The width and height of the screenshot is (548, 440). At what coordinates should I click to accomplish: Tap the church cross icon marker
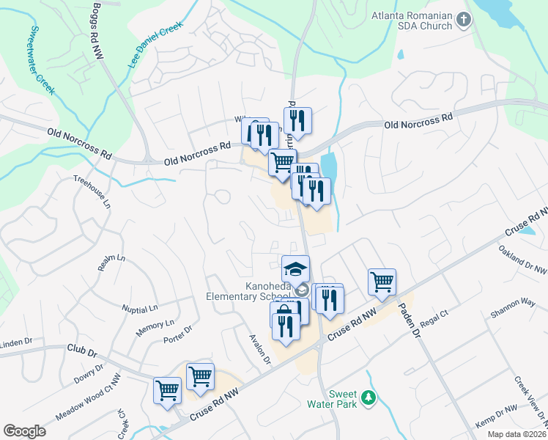coord(462,20)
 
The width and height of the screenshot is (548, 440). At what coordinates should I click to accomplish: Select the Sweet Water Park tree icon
coord(370,398)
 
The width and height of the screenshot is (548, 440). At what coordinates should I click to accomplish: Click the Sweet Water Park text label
coord(342,398)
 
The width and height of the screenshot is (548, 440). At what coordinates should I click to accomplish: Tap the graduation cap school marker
coord(295,268)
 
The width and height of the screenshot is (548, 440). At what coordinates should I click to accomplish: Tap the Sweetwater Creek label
coord(42,59)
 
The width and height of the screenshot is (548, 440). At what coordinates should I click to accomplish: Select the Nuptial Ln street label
coord(141,310)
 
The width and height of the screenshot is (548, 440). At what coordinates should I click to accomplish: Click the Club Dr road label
coord(81,351)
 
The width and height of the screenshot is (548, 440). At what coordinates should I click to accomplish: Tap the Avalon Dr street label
coord(260,348)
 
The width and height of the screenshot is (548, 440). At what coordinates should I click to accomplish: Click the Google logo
coord(24,431)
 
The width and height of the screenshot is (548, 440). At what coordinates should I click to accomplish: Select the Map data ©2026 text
coord(516,434)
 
